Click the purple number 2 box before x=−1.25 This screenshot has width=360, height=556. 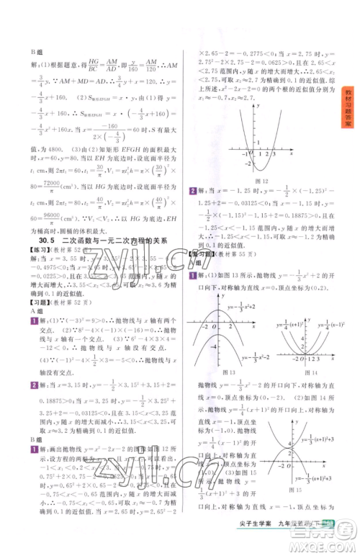click(x=193, y=190)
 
